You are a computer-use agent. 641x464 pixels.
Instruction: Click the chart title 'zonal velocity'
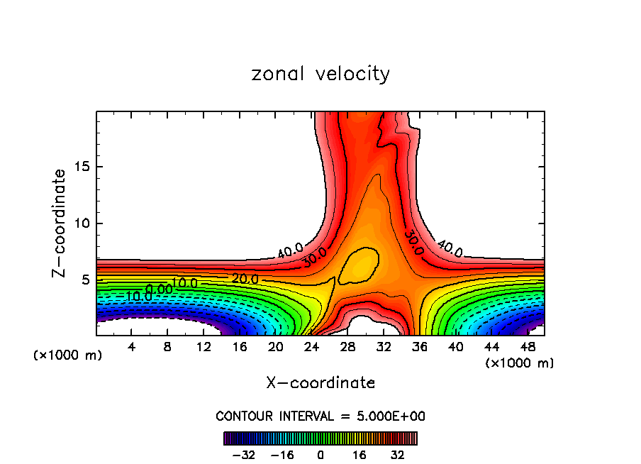[320, 74]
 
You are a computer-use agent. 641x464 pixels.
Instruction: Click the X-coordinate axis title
[320, 383]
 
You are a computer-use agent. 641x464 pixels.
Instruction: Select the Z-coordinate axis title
[60, 223]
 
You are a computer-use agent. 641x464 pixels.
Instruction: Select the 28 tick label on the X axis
[347, 347]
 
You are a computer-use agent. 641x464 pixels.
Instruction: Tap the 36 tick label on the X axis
[419, 347]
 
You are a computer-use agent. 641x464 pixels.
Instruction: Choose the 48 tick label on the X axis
[527, 347]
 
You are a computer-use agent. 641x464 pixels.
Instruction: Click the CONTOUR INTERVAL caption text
[320, 416]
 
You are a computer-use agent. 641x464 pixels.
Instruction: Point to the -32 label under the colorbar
[244, 455]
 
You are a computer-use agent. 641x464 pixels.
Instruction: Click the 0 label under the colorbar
[320, 455]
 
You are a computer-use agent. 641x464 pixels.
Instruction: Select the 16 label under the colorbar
[359, 455]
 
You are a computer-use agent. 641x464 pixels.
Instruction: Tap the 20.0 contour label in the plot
[245, 279]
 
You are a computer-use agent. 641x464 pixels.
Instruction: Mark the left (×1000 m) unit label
[68, 355]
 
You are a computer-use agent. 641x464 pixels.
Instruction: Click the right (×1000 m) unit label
[520, 363]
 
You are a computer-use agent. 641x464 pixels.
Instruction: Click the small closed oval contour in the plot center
[359, 264]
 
